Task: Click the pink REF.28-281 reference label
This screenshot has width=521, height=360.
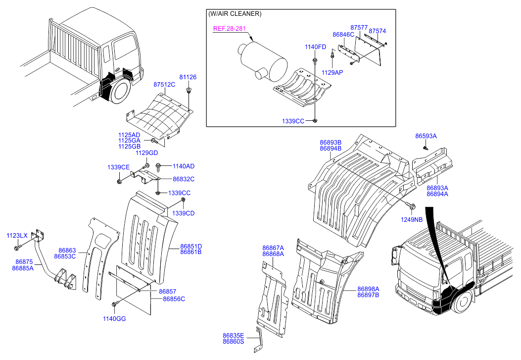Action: tap(229, 29)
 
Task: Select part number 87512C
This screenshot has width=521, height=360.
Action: tap(164, 85)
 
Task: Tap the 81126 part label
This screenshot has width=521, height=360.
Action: tap(188, 77)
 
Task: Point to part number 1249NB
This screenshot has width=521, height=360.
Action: tap(412, 219)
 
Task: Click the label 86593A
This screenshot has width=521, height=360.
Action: tap(426, 136)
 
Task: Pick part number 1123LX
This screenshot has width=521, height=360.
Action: tap(17, 236)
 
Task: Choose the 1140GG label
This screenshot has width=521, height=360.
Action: tap(114, 319)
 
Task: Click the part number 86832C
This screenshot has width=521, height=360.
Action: tap(184, 179)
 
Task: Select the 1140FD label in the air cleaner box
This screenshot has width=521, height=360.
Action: tap(315, 47)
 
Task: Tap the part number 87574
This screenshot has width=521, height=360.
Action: tap(378, 31)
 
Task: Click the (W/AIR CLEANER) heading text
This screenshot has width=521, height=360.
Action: tap(235, 14)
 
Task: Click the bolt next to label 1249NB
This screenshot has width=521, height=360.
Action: tap(411, 206)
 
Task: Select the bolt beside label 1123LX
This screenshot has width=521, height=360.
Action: tap(17, 247)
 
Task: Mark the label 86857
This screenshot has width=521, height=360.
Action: tap(167, 292)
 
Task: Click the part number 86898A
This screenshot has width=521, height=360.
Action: tap(368, 289)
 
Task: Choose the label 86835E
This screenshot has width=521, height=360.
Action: tap(234, 335)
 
